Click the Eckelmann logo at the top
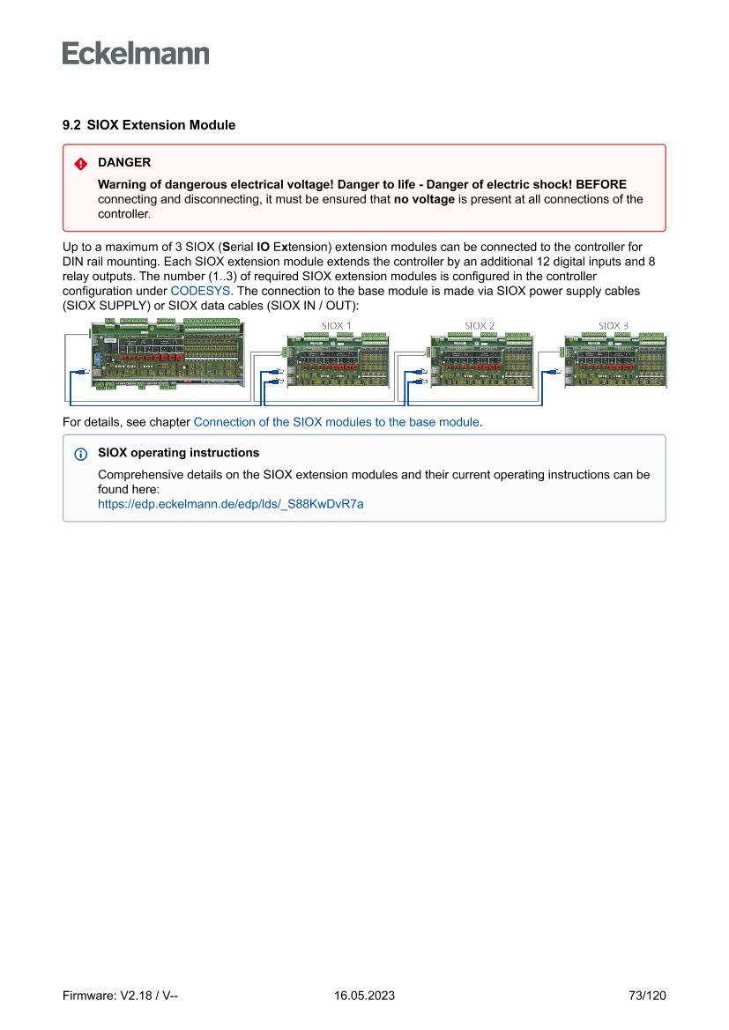pos(136,54)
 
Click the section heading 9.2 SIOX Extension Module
pos(149,125)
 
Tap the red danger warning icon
pos(80,164)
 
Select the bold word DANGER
pos(124,163)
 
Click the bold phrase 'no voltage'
pos(424,199)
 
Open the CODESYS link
pos(200,290)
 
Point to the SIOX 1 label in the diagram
pos(336,326)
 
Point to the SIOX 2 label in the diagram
pos(480,326)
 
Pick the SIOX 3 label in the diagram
pos(614,326)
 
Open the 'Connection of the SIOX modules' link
pos(337,422)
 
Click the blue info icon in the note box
pos(80,454)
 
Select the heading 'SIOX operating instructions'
pos(178,453)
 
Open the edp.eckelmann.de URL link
pos(230,504)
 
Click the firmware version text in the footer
pos(121,996)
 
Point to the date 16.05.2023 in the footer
pos(364,996)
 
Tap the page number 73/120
pos(647,996)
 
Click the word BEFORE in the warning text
pos(601,184)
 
